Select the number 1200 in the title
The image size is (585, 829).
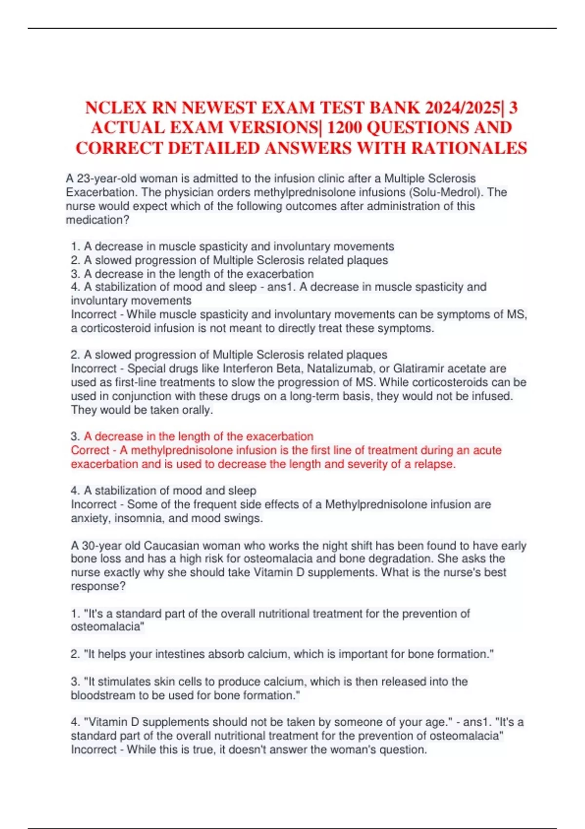[344, 128]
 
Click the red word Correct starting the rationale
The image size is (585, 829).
[90, 450]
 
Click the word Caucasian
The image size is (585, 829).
[171, 545]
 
